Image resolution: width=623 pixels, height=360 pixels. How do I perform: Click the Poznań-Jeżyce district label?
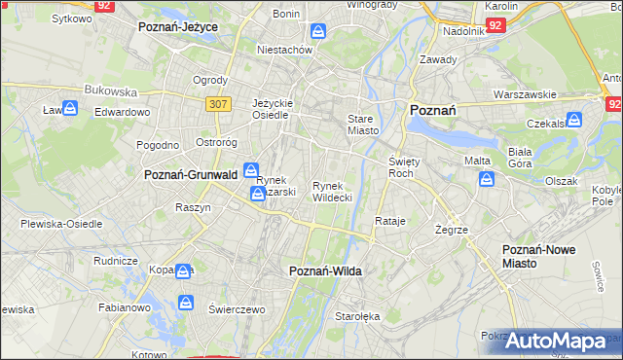[177, 27]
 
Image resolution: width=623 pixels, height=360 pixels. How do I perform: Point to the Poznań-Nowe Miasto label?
[538, 256]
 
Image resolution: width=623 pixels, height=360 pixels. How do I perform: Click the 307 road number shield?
[218, 102]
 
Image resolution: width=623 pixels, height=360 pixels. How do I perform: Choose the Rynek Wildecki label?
[333, 191]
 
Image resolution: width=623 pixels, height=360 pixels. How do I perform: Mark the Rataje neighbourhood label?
[389, 221]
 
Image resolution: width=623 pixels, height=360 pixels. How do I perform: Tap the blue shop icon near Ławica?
[70, 109]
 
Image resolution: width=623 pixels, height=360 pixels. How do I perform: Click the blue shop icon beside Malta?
[487, 180]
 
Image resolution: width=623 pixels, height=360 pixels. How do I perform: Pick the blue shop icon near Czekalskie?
[574, 121]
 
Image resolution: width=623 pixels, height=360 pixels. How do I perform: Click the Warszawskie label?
[524, 95]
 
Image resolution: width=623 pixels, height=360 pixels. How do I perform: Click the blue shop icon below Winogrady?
[317, 30]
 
